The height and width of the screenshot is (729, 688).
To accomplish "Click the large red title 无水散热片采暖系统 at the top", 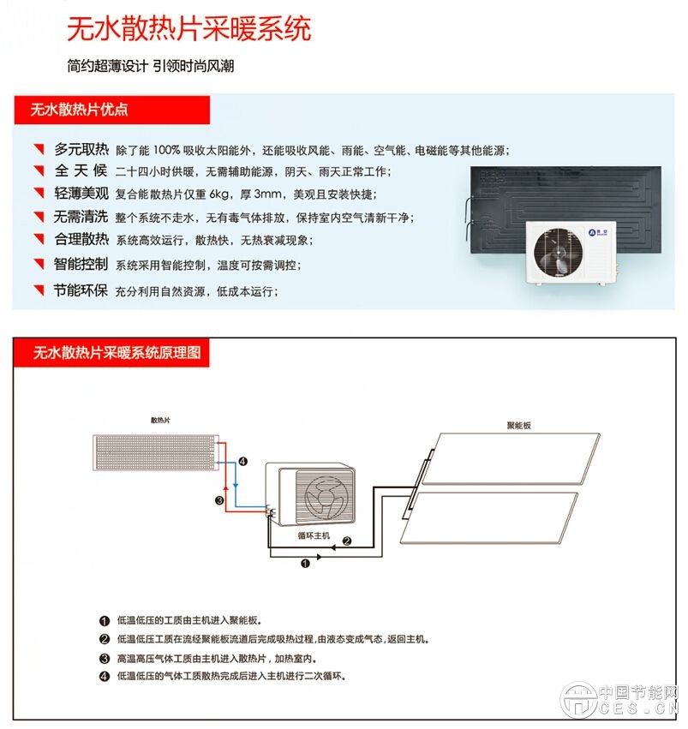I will (x=188, y=29).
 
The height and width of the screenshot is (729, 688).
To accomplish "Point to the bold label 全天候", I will (x=82, y=170).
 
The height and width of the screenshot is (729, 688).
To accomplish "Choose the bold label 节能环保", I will (x=82, y=290).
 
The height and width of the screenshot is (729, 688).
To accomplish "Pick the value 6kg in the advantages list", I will (x=221, y=194).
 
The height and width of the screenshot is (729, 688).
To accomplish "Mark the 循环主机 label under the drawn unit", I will (x=314, y=535).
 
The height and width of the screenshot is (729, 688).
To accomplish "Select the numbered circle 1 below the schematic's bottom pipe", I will (x=306, y=564).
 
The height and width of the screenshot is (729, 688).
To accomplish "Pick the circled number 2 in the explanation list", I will (x=105, y=639).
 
